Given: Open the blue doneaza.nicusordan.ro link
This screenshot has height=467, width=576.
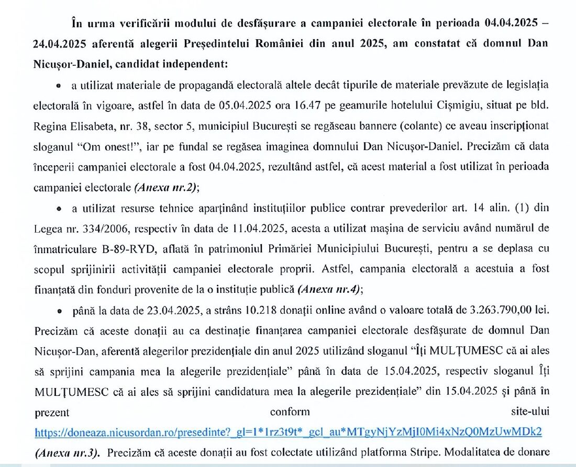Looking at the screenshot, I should pos(288,432).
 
